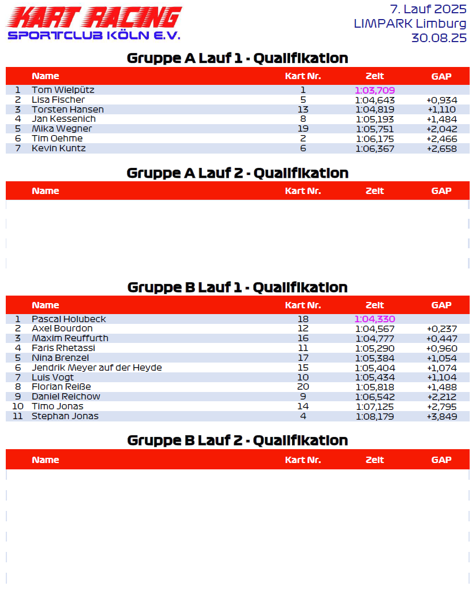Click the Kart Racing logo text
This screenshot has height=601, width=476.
94,17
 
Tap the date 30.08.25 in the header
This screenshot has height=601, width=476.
438,38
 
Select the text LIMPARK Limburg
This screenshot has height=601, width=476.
410,24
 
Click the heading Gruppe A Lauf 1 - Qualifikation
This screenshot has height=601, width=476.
237,58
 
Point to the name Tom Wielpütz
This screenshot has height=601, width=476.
63,90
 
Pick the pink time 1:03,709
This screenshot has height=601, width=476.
374,90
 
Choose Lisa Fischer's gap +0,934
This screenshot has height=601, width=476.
441,100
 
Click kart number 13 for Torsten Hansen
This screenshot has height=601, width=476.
303,110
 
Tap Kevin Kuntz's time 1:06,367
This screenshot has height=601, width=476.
375,148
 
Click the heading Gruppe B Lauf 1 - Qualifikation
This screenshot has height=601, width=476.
237,288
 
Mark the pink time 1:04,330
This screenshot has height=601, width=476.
374,319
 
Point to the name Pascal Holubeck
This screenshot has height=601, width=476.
69,319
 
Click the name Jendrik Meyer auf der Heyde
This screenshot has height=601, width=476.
96,368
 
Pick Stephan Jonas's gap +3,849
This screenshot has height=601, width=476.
441,416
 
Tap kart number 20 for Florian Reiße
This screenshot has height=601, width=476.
303,387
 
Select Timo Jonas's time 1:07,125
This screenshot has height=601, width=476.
375,406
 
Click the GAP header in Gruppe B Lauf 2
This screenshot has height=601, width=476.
441,460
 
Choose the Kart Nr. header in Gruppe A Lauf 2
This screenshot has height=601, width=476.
303,191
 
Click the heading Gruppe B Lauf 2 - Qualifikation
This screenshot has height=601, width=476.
237,441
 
